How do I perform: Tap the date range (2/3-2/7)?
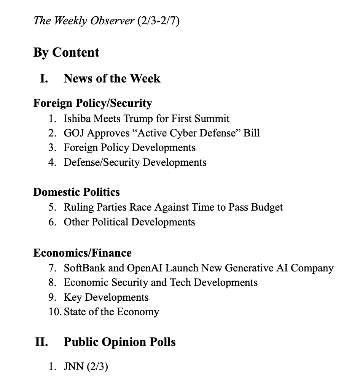(x=158, y=21)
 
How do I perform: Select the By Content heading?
(x=66, y=52)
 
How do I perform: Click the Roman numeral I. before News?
(x=44, y=79)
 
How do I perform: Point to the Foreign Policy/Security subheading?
(x=92, y=103)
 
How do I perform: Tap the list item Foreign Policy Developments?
(x=129, y=148)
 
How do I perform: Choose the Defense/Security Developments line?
(x=135, y=162)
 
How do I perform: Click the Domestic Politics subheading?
(x=76, y=192)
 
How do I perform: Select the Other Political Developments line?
(x=129, y=222)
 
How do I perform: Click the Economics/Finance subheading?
(x=82, y=253)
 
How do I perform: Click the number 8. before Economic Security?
(x=53, y=283)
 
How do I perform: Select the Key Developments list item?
(x=106, y=297)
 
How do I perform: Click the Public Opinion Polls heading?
(x=119, y=342)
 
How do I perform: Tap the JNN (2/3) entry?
(x=86, y=367)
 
